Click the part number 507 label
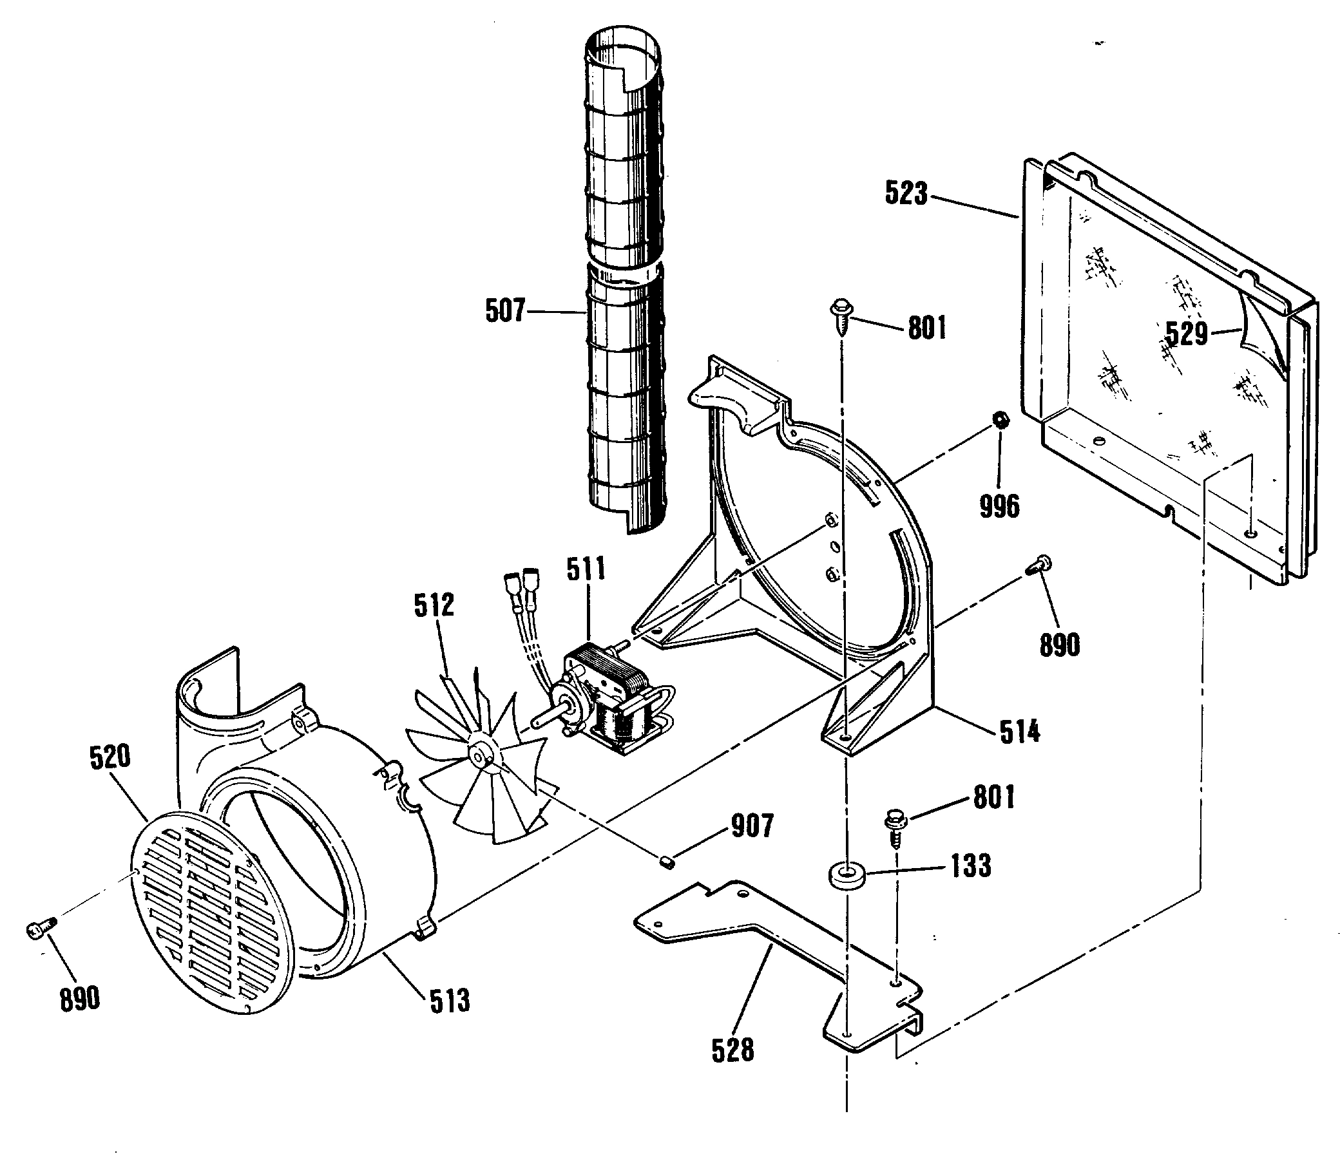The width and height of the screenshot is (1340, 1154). coord(504,311)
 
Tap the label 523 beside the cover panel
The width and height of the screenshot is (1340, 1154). coord(905,193)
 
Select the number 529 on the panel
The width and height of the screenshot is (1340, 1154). coord(1186,334)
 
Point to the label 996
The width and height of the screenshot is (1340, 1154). coord(999,506)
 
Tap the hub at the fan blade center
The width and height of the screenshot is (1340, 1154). coord(481,755)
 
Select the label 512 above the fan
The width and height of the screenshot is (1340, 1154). coord(434,605)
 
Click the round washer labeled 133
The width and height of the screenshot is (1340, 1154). coord(845,879)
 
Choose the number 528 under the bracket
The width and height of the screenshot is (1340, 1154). coord(732,1050)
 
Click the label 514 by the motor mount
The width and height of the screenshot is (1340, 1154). coord(1019,732)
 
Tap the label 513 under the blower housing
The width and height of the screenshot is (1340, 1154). coord(450,1001)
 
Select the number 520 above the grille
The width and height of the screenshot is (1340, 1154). coord(110,757)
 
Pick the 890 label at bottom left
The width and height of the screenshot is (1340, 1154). coord(79,999)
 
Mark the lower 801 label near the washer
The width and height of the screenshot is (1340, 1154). coord(993,798)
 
